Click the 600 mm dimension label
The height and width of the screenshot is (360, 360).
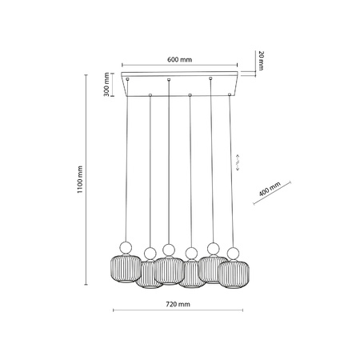(x=179, y=59)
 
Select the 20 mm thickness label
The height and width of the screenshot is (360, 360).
(x=261, y=58)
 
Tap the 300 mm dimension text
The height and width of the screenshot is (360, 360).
(x=107, y=83)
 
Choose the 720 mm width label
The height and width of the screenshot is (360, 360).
(x=179, y=304)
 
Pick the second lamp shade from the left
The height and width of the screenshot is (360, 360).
(x=148, y=274)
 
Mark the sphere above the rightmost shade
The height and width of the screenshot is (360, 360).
(x=234, y=254)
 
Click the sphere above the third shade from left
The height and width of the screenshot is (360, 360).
(x=167, y=248)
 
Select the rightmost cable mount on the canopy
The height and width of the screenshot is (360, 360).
(x=231, y=95)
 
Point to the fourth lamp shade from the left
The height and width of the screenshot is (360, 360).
(x=190, y=274)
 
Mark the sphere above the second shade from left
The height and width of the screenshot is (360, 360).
(x=149, y=254)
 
